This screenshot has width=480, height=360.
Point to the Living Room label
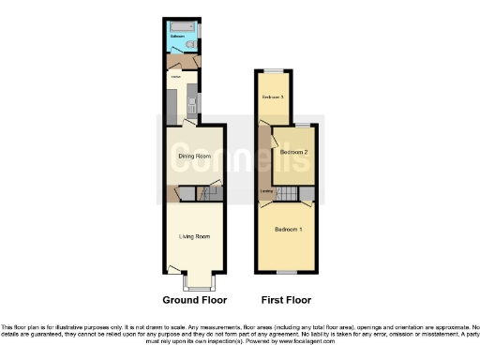pos(194,235)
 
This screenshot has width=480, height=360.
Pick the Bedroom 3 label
pos(273,97)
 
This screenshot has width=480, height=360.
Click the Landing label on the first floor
pos(267,193)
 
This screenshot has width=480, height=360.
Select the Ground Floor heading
pos(194,300)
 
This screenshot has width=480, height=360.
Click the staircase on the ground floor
pos(210,193)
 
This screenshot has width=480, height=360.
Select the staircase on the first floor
pos(285,193)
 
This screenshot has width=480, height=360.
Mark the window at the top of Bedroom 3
pos(273,70)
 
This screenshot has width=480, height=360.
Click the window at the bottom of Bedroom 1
pos(288,273)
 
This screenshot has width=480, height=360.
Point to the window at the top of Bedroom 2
pos(302,125)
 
